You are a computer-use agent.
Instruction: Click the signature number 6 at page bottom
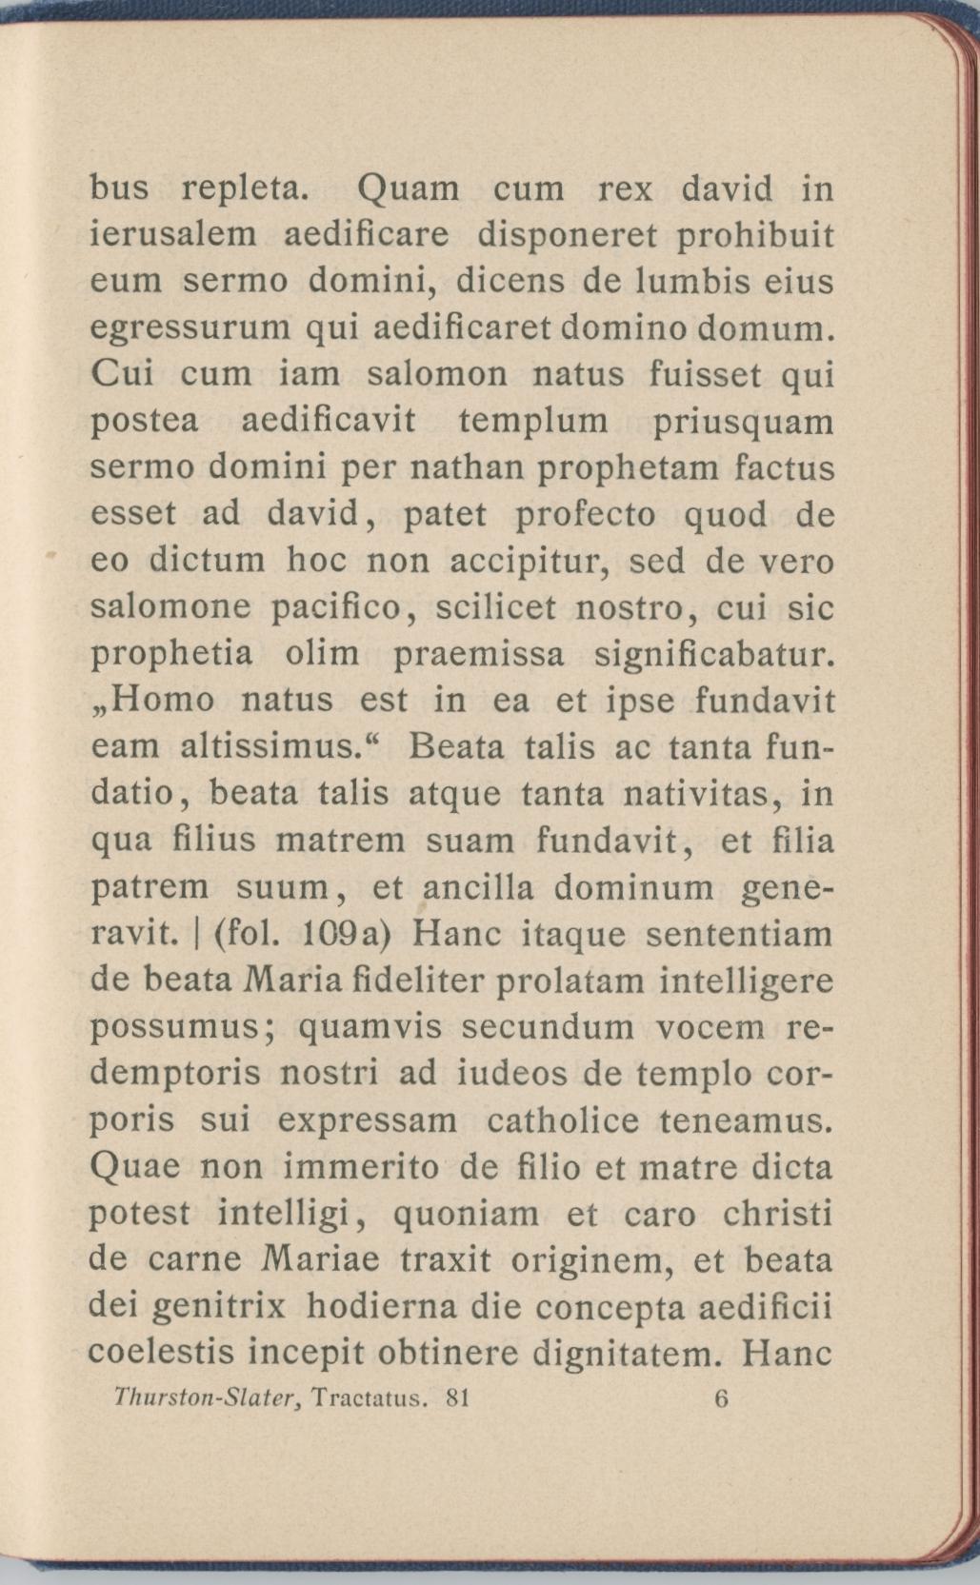[720, 1397]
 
